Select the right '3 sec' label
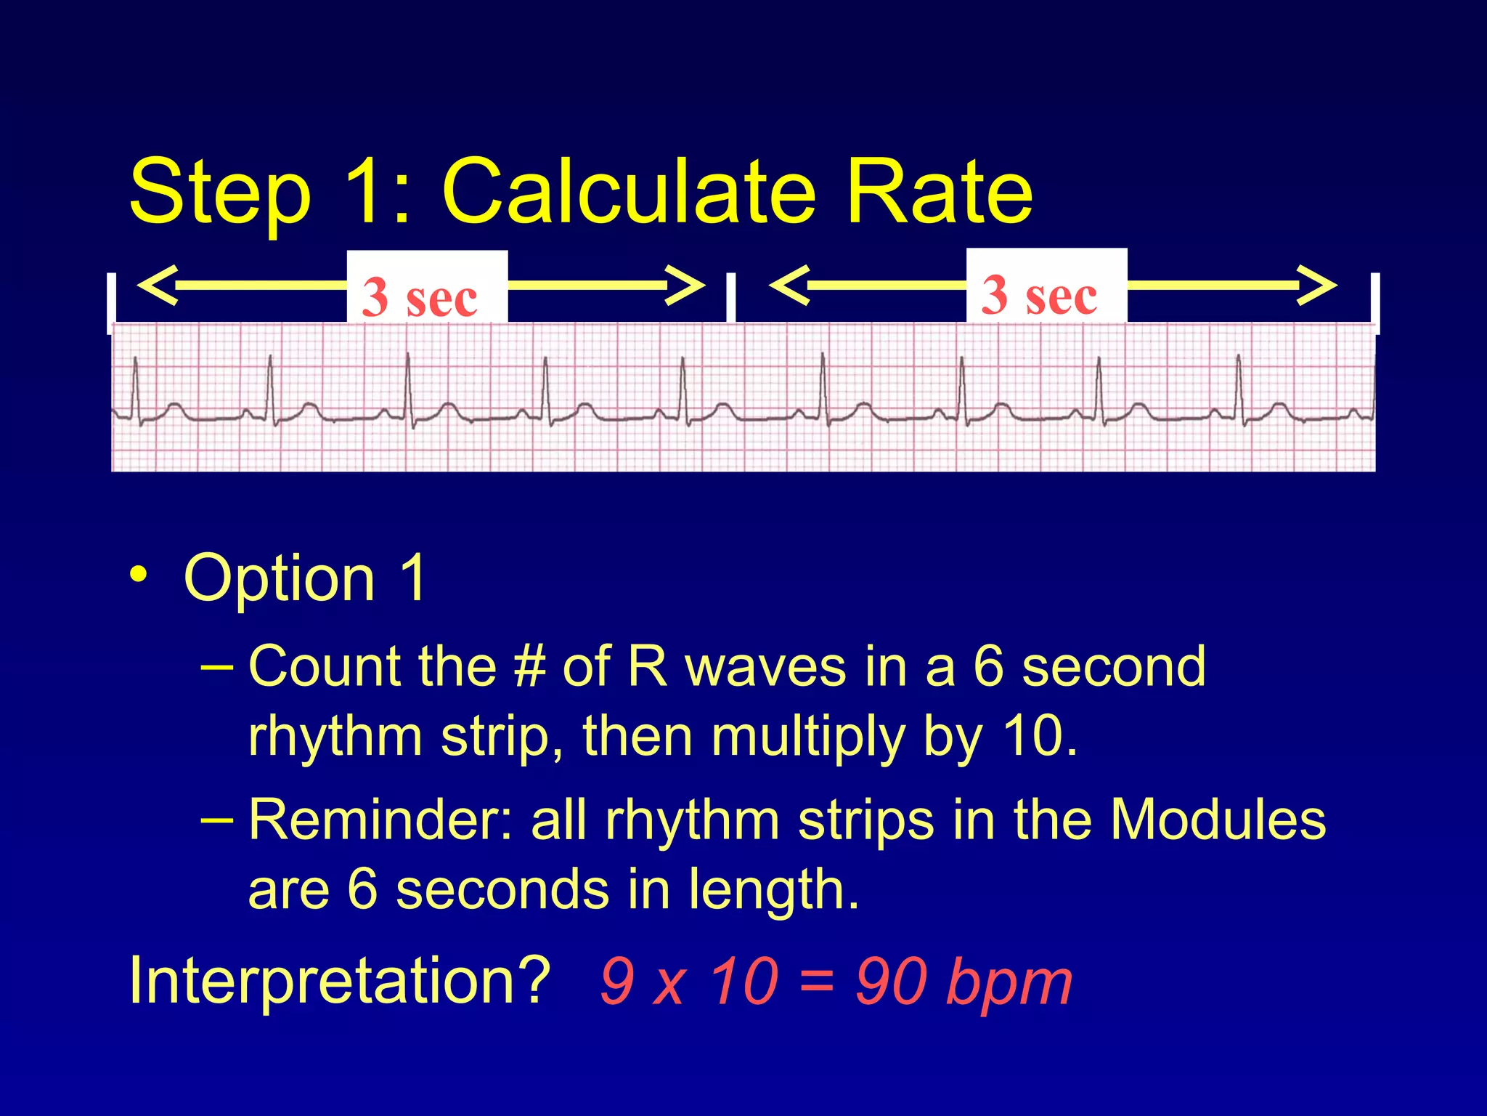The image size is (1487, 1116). [x=1040, y=294]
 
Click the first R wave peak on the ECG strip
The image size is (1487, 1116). [x=135, y=359]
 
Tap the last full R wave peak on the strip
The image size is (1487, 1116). [x=1239, y=357]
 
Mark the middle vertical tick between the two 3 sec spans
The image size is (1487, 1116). [x=730, y=298]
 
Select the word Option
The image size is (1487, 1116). [x=280, y=579]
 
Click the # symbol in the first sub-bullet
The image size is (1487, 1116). [x=529, y=666]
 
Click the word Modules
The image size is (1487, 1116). [x=1218, y=820]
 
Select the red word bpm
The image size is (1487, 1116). [x=1010, y=984]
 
